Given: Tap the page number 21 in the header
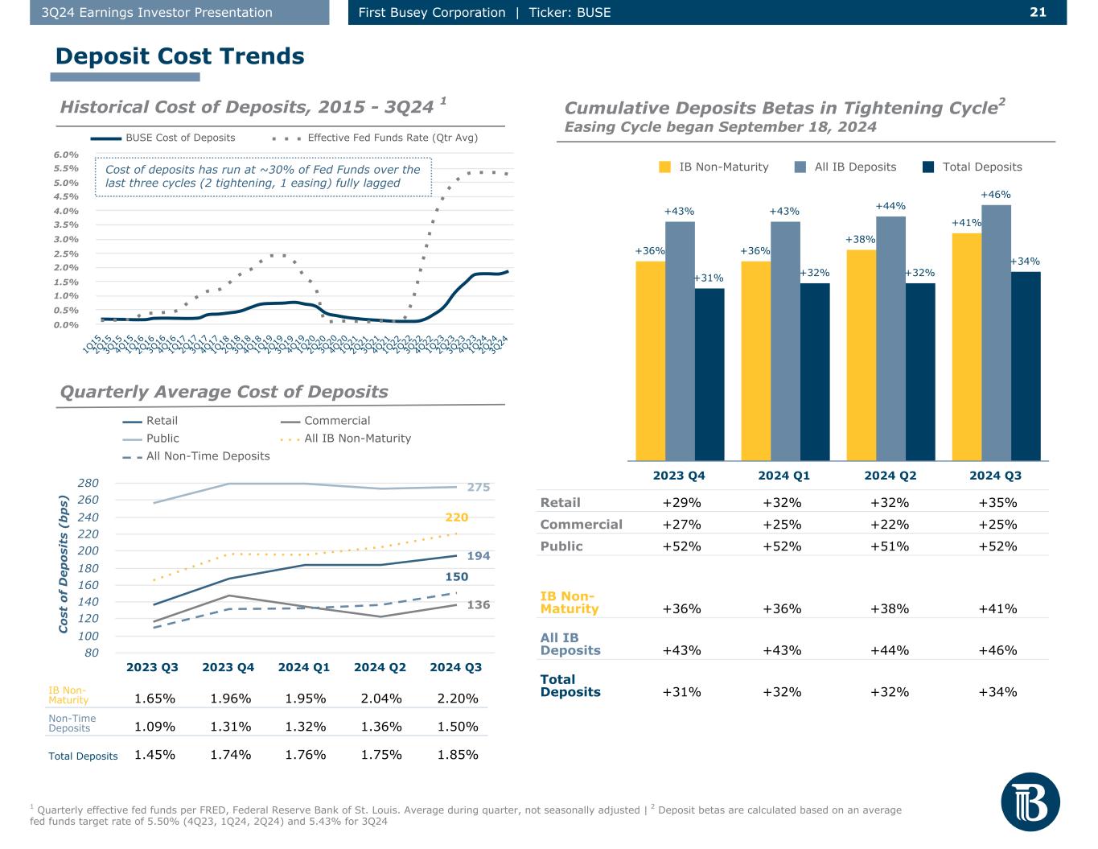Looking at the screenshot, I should [x=1038, y=12].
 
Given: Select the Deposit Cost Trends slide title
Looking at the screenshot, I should [x=179, y=56].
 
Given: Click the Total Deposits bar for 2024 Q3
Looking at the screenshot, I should [x=1026, y=366].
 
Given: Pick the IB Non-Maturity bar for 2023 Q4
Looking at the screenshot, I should [x=650, y=361].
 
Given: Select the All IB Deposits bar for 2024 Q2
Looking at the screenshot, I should [x=890, y=338].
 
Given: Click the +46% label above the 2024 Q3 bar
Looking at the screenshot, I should [x=996, y=195].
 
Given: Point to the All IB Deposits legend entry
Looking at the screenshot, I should [x=854, y=167].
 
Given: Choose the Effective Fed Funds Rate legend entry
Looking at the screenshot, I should [x=392, y=138].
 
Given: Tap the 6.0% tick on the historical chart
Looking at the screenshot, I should [x=67, y=155].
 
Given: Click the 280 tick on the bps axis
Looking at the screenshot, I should [x=88, y=483].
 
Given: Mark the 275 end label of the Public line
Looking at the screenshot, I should [x=479, y=487].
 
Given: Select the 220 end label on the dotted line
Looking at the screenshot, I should [x=456, y=517].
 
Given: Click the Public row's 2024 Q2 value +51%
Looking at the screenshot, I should [x=890, y=546].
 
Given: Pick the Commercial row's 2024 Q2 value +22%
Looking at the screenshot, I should [x=890, y=525].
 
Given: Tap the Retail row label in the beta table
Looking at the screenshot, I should [x=560, y=503].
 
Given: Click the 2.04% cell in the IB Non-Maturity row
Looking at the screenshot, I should [x=381, y=699].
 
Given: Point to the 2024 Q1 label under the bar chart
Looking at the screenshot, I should [x=783, y=476].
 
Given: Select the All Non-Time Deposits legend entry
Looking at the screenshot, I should [x=208, y=456].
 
